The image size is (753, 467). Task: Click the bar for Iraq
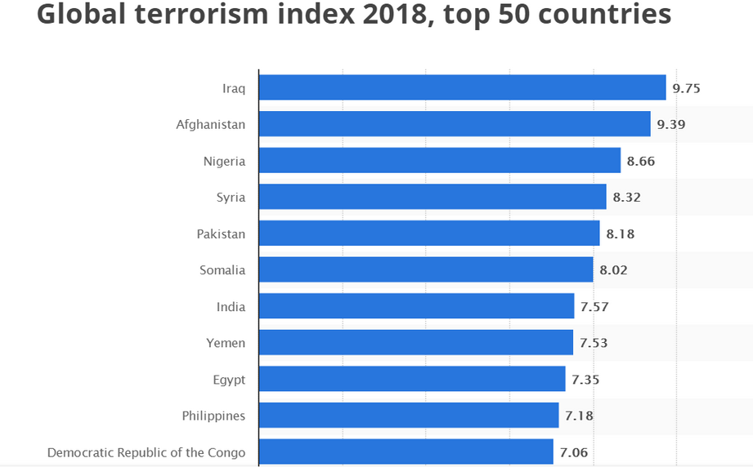[462, 87]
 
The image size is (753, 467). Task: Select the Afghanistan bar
[455, 124]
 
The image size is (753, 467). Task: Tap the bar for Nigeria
[439, 161]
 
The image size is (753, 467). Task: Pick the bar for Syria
[433, 197]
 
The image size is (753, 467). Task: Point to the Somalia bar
[426, 269]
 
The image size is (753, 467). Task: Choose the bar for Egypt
[412, 379]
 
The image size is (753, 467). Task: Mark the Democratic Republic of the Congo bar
[406, 451]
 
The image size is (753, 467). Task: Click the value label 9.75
[687, 88]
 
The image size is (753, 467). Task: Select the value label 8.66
[641, 161]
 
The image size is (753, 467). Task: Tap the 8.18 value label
[620, 234]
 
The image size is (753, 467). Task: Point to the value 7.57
[594, 307]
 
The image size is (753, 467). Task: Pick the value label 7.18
[579, 416]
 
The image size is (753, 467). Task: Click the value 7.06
[573, 452]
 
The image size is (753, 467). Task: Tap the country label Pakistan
[221, 234]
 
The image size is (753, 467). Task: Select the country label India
[231, 307]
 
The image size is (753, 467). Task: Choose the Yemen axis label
[226, 343]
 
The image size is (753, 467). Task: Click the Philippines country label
[213, 416]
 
